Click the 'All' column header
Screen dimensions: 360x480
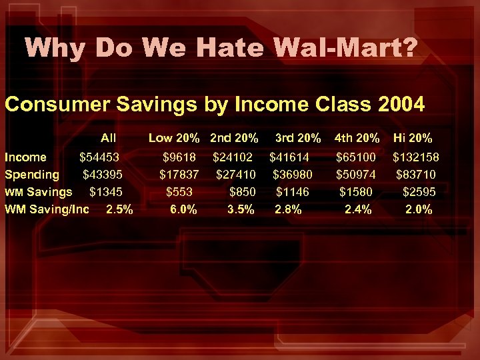click(x=108, y=139)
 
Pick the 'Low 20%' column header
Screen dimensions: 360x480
click(x=174, y=139)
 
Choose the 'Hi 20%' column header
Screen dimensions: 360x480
click(x=413, y=139)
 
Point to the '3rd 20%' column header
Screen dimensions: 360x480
click(x=299, y=139)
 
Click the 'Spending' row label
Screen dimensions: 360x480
click(x=32, y=175)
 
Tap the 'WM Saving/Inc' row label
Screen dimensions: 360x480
click(x=47, y=209)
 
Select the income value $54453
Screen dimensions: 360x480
click(x=99, y=157)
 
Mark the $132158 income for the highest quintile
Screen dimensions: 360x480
click(x=415, y=157)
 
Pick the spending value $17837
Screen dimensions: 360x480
click(x=179, y=175)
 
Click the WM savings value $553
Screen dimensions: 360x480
click(x=179, y=192)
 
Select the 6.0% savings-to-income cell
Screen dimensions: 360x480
click(x=183, y=209)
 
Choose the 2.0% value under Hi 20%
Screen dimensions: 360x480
click(x=419, y=209)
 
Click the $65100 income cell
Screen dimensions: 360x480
click(x=356, y=157)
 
